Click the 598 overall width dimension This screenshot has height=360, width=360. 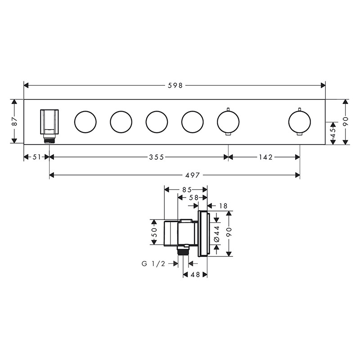[x=175, y=85]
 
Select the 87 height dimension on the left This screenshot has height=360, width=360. [x=15, y=121]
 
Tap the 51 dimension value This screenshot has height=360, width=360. [x=36, y=157]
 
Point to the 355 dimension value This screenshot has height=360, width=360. [x=156, y=157]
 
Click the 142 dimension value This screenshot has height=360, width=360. [x=265, y=157]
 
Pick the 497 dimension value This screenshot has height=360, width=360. [x=193, y=175]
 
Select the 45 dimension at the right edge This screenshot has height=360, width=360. [x=333, y=133]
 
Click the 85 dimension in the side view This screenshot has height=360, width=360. [x=187, y=190]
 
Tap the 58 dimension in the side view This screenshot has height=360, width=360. [x=193, y=198]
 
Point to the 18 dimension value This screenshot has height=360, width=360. [x=223, y=206]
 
